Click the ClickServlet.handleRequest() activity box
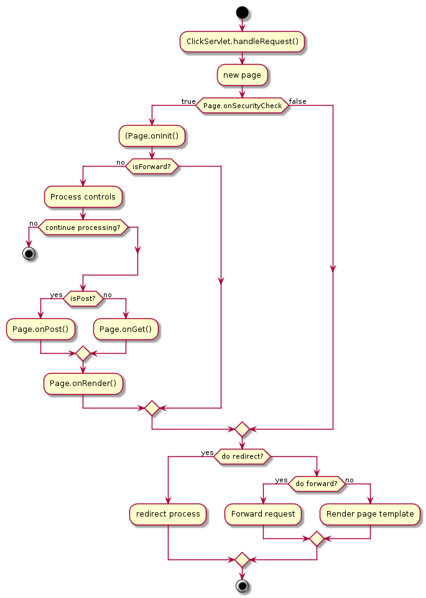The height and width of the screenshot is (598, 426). click(242, 42)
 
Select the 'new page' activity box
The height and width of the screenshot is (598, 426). click(242, 75)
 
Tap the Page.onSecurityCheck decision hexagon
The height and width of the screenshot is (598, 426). click(242, 106)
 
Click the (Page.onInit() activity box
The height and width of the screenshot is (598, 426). click(152, 136)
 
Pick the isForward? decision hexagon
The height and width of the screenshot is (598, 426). click(152, 166)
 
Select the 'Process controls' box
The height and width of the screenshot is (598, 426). click(83, 196)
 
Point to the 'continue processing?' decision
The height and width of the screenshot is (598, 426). click(83, 227)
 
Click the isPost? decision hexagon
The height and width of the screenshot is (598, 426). click(83, 298)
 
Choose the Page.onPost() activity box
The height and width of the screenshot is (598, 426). click(40, 328)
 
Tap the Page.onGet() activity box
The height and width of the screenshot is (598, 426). click(126, 328)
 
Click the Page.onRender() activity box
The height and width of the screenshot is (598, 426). click(83, 383)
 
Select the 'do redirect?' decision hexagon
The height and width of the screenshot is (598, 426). click(242, 456)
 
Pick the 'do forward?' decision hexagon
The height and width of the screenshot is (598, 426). click(317, 484)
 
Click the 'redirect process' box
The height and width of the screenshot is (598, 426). click(168, 514)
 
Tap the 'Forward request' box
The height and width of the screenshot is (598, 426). click(263, 514)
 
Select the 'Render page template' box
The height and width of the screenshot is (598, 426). click(370, 514)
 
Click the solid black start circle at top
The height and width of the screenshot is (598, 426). click(242, 12)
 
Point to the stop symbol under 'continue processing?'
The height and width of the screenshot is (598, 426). click(28, 253)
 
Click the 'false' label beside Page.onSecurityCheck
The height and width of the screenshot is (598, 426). click(297, 101)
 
